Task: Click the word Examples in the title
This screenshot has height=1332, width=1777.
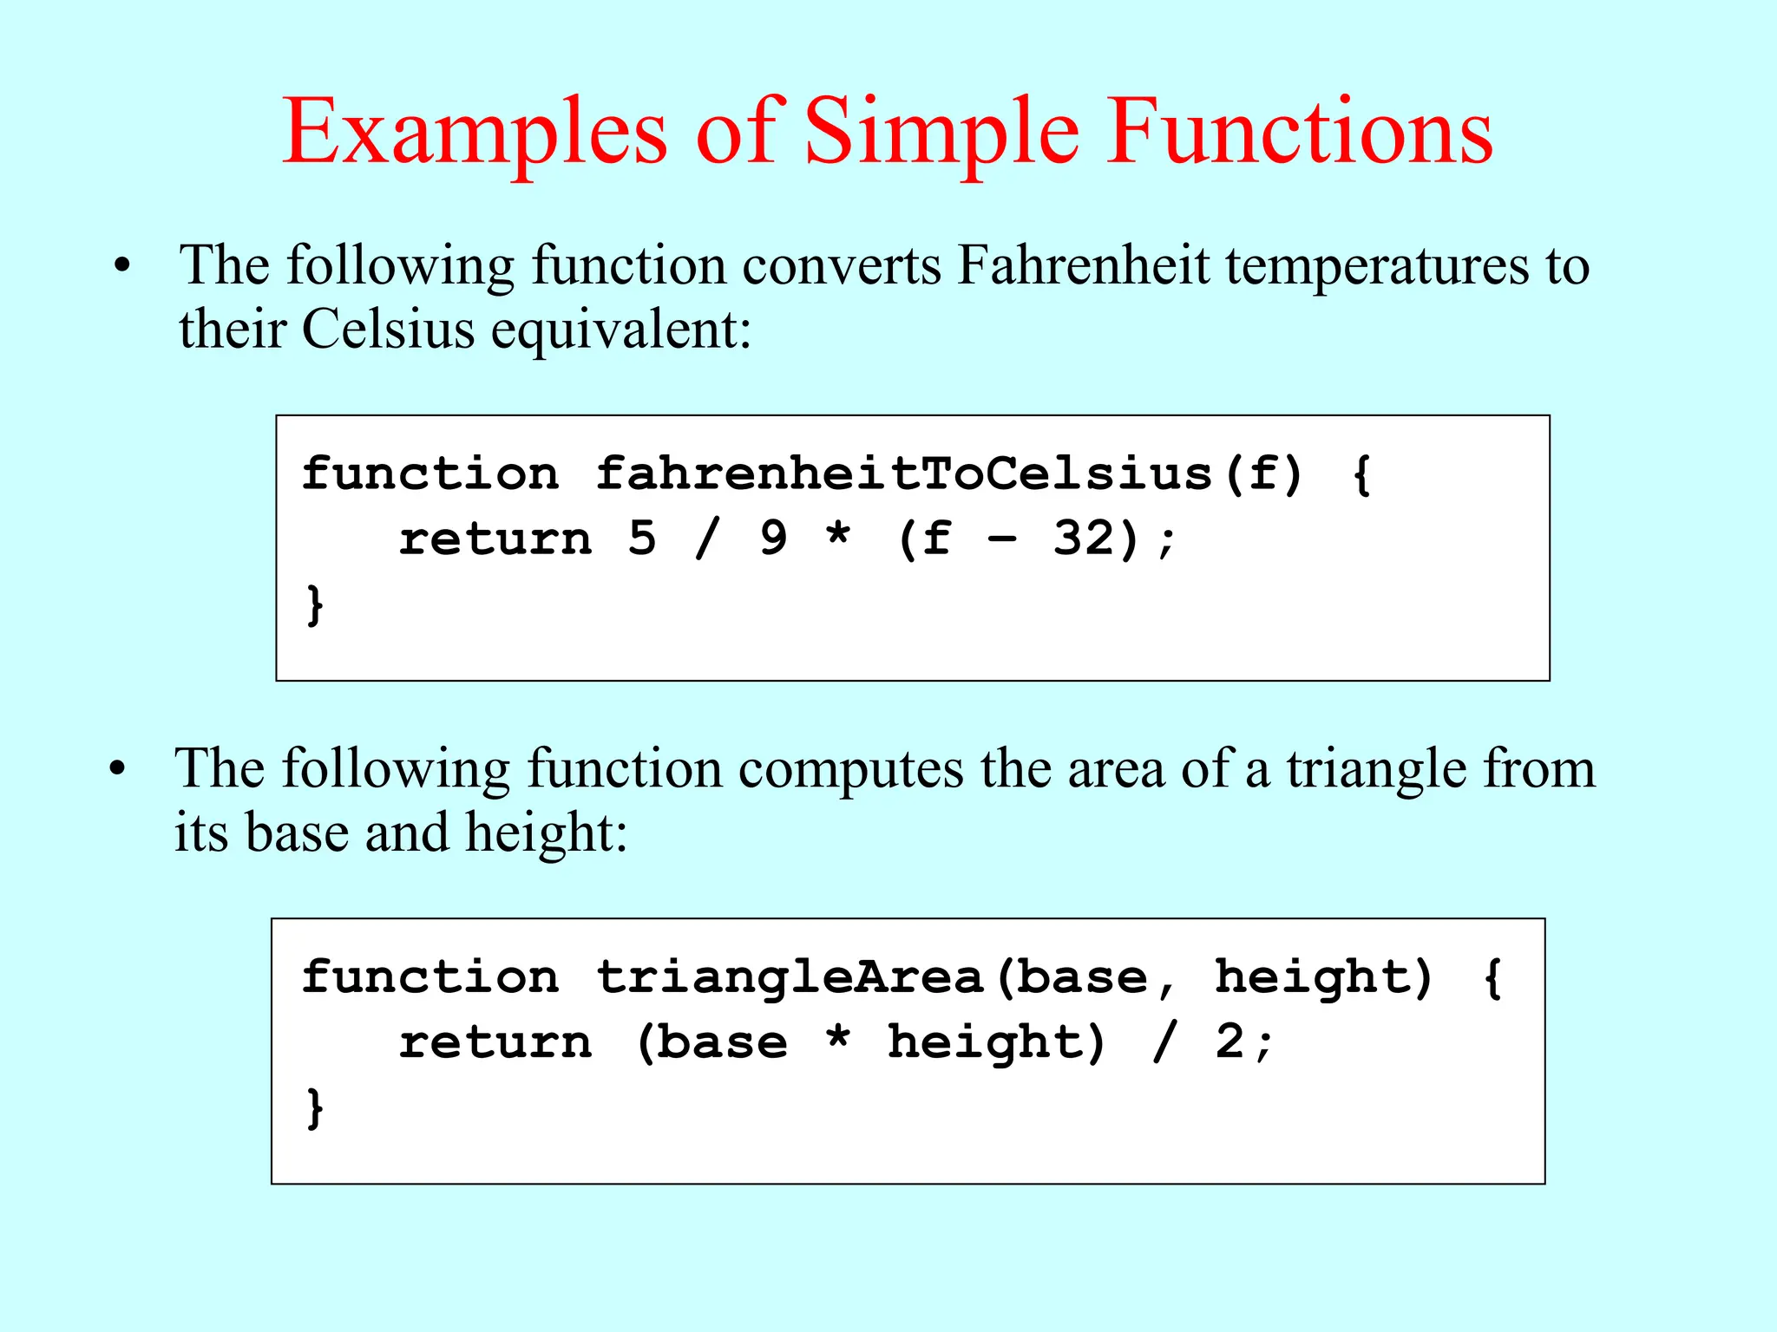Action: [475, 132]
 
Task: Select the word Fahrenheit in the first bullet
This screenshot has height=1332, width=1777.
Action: [1082, 265]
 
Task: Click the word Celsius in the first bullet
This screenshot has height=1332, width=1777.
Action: [388, 330]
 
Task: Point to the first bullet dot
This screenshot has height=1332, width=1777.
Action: [122, 266]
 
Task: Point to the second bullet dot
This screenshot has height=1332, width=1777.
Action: [118, 769]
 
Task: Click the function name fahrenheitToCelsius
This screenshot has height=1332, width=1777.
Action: [903, 474]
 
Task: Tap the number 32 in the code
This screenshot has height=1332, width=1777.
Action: [1083, 539]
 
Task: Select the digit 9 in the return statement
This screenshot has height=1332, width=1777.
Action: [773, 539]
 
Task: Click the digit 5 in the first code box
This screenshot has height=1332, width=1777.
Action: [642, 539]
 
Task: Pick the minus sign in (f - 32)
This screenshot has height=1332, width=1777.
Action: [1002, 539]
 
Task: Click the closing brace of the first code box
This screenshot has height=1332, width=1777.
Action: [315, 604]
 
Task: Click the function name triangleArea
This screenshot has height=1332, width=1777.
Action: [790, 977]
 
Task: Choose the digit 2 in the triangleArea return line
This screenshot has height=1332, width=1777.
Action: [1229, 1041]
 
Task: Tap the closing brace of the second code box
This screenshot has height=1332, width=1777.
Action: [315, 1107]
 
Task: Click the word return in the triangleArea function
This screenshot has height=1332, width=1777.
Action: [495, 1042]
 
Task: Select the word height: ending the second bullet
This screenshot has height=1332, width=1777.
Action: [546, 833]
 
